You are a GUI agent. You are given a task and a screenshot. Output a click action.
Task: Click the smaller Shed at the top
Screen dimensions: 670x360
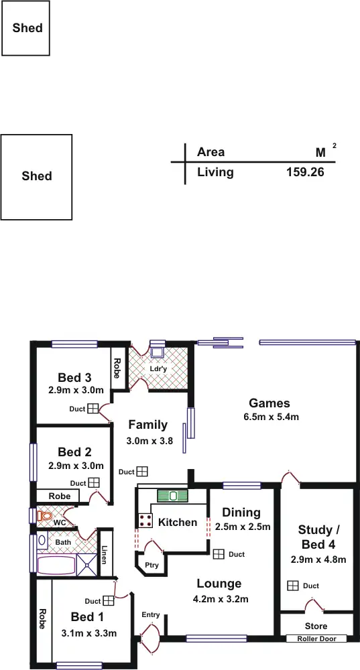coord(27,28)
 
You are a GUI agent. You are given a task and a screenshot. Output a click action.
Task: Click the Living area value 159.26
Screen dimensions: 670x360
coord(305,172)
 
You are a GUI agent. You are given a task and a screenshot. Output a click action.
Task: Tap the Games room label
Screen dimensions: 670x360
coord(269,403)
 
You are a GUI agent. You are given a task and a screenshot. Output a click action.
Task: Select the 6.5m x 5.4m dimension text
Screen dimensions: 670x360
coord(271,417)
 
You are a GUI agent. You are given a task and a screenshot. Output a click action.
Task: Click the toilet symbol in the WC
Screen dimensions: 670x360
coord(44,516)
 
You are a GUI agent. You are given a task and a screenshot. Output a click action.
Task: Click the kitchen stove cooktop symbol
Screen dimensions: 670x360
coord(145,521)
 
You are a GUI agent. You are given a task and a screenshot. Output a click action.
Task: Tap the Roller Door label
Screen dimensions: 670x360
coord(316,639)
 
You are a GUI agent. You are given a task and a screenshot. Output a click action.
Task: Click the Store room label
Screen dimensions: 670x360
coord(316,626)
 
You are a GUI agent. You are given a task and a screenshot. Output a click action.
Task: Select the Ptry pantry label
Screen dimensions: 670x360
coord(152,565)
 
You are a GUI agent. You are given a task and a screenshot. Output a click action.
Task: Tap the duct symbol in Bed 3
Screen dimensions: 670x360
coord(93,409)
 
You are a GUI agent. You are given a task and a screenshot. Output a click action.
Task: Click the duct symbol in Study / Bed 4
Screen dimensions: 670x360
coord(292,586)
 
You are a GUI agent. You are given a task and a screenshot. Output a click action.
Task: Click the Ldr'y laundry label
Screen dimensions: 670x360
coord(158,368)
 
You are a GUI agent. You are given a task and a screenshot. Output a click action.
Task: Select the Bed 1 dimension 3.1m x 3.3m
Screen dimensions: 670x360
coord(89,633)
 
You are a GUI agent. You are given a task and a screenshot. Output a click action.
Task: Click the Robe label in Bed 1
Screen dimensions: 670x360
coord(42,618)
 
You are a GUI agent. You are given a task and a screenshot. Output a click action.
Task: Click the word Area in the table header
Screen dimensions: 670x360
coord(211,152)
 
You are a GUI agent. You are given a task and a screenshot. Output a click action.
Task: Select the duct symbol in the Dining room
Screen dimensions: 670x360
coord(219,554)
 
